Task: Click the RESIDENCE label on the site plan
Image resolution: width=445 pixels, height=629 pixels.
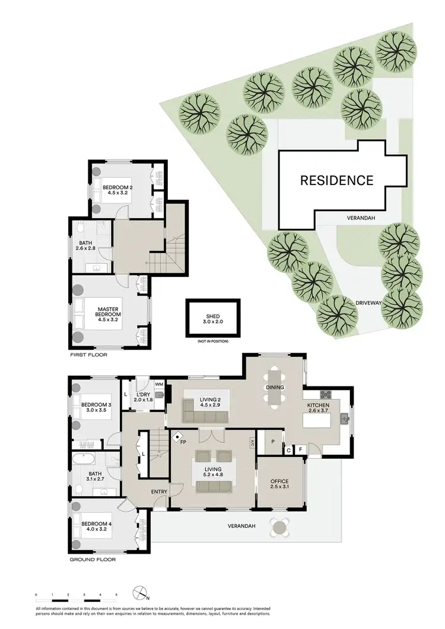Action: click(336, 180)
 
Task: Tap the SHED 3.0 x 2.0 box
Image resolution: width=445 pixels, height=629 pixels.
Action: click(213, 318)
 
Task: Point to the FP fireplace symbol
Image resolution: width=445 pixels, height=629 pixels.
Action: click(178, 439)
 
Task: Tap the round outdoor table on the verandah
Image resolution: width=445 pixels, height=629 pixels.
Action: click(279, 526)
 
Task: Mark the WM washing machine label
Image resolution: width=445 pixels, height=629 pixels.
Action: click(158, 385)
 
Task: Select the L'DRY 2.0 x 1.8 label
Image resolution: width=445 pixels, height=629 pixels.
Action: click(142, 397)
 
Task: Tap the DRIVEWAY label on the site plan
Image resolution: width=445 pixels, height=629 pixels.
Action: click(367, 303)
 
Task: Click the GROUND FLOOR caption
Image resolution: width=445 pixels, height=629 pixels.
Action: click(93, 559)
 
